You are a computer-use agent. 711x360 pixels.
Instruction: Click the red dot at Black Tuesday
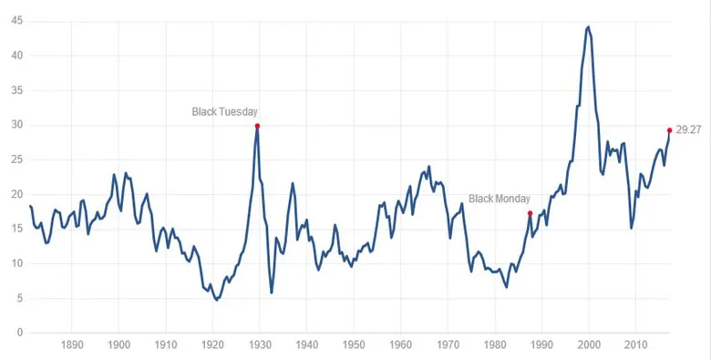[x=257, y=126]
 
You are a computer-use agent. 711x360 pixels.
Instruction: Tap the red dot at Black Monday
[x=530, y=213]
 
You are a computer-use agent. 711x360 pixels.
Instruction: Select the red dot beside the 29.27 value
[x=669, y=130]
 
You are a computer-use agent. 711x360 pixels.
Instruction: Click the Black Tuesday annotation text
[x=224, y=111]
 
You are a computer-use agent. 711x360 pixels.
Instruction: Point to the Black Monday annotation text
[x=500, y=199]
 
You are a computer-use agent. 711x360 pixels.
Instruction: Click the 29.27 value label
[x=688, y=130]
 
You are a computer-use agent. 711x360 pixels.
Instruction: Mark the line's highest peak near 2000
[x=588, y=26]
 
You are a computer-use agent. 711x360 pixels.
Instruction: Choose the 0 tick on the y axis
[x=19, y=333]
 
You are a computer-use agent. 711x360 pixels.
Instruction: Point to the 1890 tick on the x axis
[x=71, y=345]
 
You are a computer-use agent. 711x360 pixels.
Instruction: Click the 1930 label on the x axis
[x=260, y=345]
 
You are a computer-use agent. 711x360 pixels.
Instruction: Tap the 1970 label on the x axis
[x=448, y=345]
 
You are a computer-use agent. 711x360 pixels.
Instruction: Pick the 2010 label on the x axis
[x=635, y=345]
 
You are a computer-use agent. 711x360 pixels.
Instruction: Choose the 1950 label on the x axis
[x=354, y=345]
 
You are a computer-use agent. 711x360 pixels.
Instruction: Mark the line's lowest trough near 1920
[x=216, y=300]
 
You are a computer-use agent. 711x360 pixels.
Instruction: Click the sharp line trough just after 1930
[x=271, y=293]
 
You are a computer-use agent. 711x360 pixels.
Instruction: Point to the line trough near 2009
[x=631, y=228]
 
